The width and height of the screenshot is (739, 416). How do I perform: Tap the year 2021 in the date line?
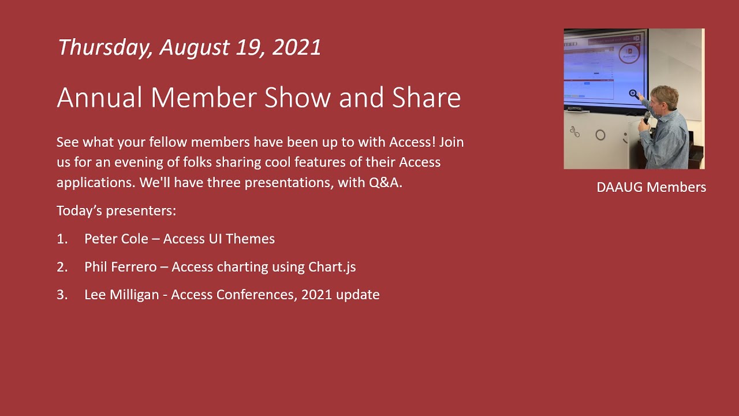(x=296, y=47)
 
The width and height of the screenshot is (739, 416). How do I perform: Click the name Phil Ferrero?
(x=120, y=267)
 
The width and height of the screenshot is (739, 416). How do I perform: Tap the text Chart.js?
(x=332, y=267)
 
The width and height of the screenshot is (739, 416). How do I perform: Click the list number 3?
(x=61, y=295)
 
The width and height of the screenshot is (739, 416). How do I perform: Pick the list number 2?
(x=61, y=267)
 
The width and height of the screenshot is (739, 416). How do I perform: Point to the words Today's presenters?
(x=116, y=211)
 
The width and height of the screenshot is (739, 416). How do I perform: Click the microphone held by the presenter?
(x=647, y=117)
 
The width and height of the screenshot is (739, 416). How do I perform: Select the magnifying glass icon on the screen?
(x=634, y=94)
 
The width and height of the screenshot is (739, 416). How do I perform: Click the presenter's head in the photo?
(x=663, y=97)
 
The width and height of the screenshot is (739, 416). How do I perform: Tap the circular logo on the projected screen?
(x=629, y=54)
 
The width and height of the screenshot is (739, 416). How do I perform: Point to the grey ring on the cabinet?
(x=600, y=135)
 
